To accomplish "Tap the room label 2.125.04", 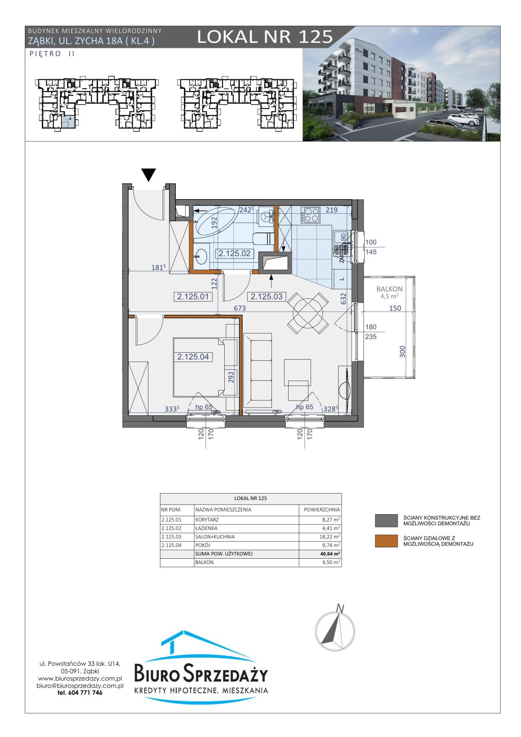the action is coord(193,357).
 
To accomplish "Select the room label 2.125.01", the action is coord(193,297).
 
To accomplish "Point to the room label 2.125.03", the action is coord(266,297).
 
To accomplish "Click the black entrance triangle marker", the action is coord(149,175).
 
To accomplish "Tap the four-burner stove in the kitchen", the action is coord(311,215).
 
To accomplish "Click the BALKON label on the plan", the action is coord(389,289).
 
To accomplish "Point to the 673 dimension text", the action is coord(240,309).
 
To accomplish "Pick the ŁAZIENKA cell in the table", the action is coord(206,528).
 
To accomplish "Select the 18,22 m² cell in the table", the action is coord(329,537).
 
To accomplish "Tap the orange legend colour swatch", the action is coord(386,540).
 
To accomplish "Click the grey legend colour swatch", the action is coord(386,520).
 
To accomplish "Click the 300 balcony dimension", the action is coord(403,351).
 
